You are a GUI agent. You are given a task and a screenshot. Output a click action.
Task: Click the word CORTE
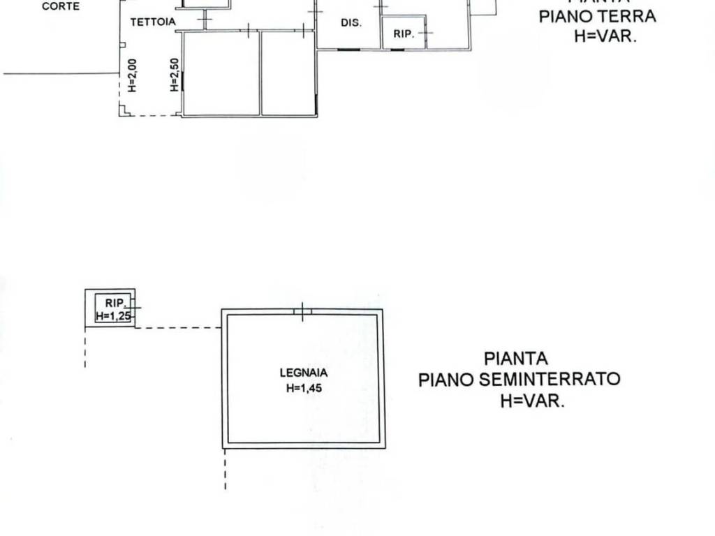(61, 6)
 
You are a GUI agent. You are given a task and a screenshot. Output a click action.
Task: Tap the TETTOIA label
(153, 22)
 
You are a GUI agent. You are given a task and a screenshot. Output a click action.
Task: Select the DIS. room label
(351, 23)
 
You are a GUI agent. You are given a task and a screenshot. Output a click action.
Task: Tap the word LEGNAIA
(304, 373)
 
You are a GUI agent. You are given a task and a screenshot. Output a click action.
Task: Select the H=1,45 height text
(304, 389)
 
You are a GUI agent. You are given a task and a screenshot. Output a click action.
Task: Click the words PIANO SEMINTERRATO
(519, 380)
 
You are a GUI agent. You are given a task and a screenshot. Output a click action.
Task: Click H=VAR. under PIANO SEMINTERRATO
(531, 401)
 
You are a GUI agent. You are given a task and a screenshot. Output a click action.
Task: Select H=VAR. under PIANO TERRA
(605, 37)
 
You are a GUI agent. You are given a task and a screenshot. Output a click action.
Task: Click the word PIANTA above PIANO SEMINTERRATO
(516, 359)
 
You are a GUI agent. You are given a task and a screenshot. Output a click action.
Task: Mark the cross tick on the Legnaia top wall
(302, 312)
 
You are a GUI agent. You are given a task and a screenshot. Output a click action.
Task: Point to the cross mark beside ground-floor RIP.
(425, 33)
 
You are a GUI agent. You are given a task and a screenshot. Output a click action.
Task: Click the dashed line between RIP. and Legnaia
(178, 327)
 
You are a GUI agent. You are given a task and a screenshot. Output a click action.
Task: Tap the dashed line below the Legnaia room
(225, 471)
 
